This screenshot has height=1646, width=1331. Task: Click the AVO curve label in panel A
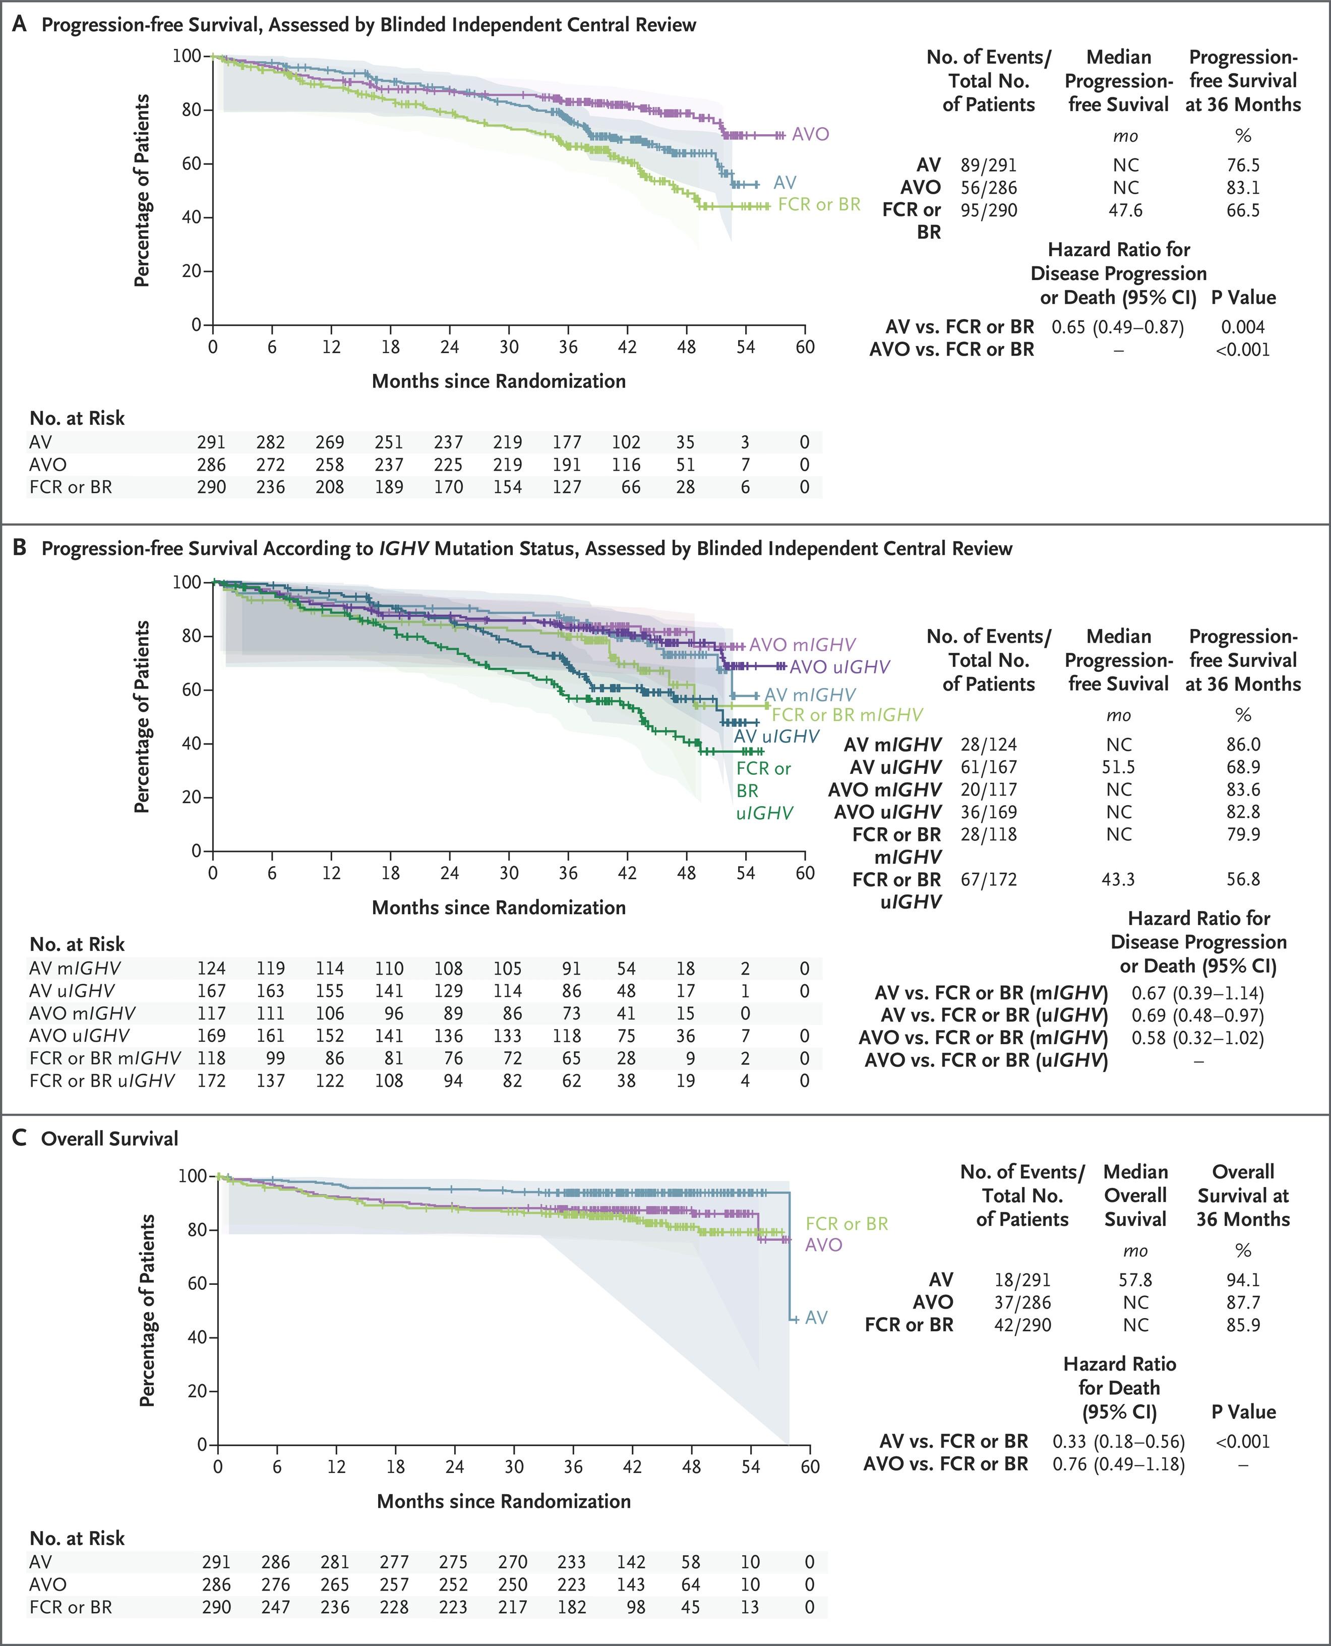pyautogui.click(x=810, y=134)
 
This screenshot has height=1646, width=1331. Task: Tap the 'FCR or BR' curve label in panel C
pyautogui.click(x=846, y=1223)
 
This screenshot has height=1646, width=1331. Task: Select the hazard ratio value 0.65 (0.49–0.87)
pyautogui.click(x=1117, y=327)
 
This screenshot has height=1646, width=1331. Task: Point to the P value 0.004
pyautogui.click(x=1242, y=327)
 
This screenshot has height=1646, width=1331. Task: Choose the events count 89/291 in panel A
pyautogui.click(x=988, y=165)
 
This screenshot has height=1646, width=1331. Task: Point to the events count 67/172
pyautogui.click(x=988, y=879)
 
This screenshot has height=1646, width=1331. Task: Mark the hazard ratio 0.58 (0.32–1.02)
pyautogui.click(x=1197, y=1038)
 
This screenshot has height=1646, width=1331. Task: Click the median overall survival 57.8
pyautogui.click(x=1135, y=1279)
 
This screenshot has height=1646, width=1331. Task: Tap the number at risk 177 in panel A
pyautogui.click(x=567, y=442)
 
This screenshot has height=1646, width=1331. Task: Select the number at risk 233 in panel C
pyautogui.click(x=571, y=1562)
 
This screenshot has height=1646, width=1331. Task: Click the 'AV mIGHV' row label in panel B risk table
pyautogui.click(x=75, y=969)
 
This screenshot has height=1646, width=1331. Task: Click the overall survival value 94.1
pyautogui.click(x=1243, y=1279)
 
